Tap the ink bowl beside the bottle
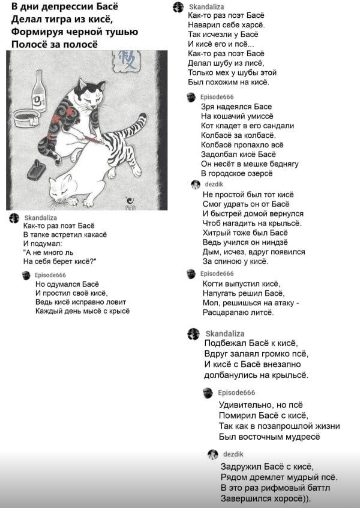(26, 117)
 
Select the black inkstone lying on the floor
(37, 169)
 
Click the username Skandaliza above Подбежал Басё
(225, 334)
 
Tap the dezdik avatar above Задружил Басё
(212, 454)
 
